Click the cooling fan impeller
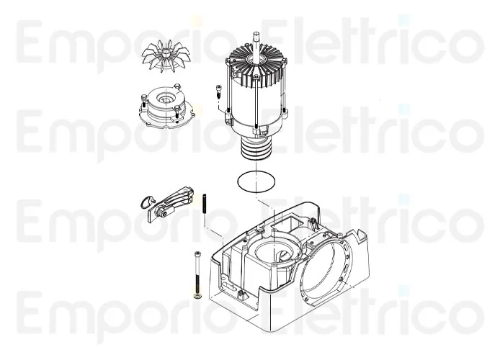click(168, 57)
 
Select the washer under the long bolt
click(196, 296)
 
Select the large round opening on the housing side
click(325, 269)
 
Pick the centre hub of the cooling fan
click(169, 54)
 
